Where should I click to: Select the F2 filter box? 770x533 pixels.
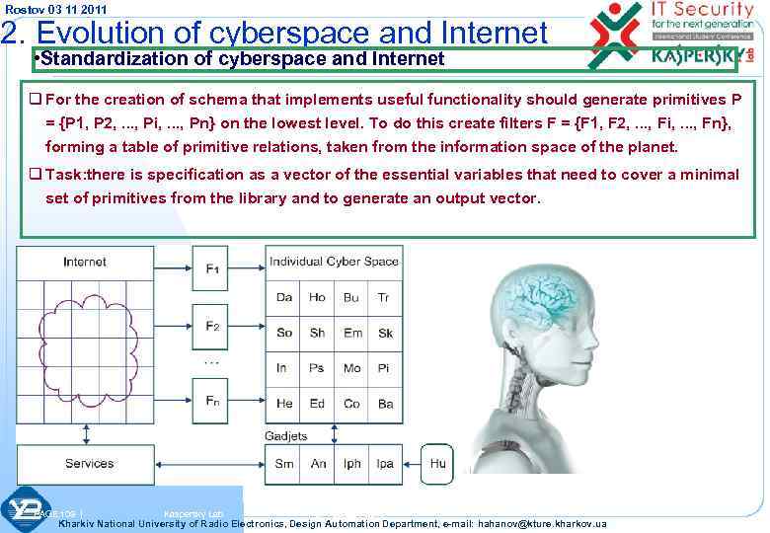click(x=212, y=325)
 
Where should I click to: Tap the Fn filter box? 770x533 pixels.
click(x=212, y=402)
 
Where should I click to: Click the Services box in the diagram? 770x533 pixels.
click(x=89, y=464)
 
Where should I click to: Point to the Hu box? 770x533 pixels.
click(x=436, y=464)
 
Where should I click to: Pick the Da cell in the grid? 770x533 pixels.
click(x=284, y=297)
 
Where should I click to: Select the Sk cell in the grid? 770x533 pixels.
click(x=385, y=333)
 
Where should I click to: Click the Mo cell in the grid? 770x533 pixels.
click(x=351, y=368)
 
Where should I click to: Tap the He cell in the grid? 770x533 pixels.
click(x=284, y=404)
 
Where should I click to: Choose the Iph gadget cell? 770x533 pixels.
click(x=351, y=464)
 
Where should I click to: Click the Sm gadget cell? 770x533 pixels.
click(x=284, y=464)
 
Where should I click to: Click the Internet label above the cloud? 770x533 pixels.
click(x=85, y=263)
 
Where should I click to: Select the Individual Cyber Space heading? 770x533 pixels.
click(x=334, y=263)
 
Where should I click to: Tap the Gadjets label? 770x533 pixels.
click(x=286, y=436)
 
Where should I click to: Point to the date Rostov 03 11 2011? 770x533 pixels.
click(x=55, y=10)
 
